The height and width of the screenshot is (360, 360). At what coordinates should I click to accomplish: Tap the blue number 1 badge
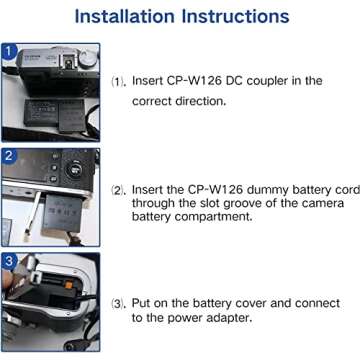[x=8, y=50]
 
